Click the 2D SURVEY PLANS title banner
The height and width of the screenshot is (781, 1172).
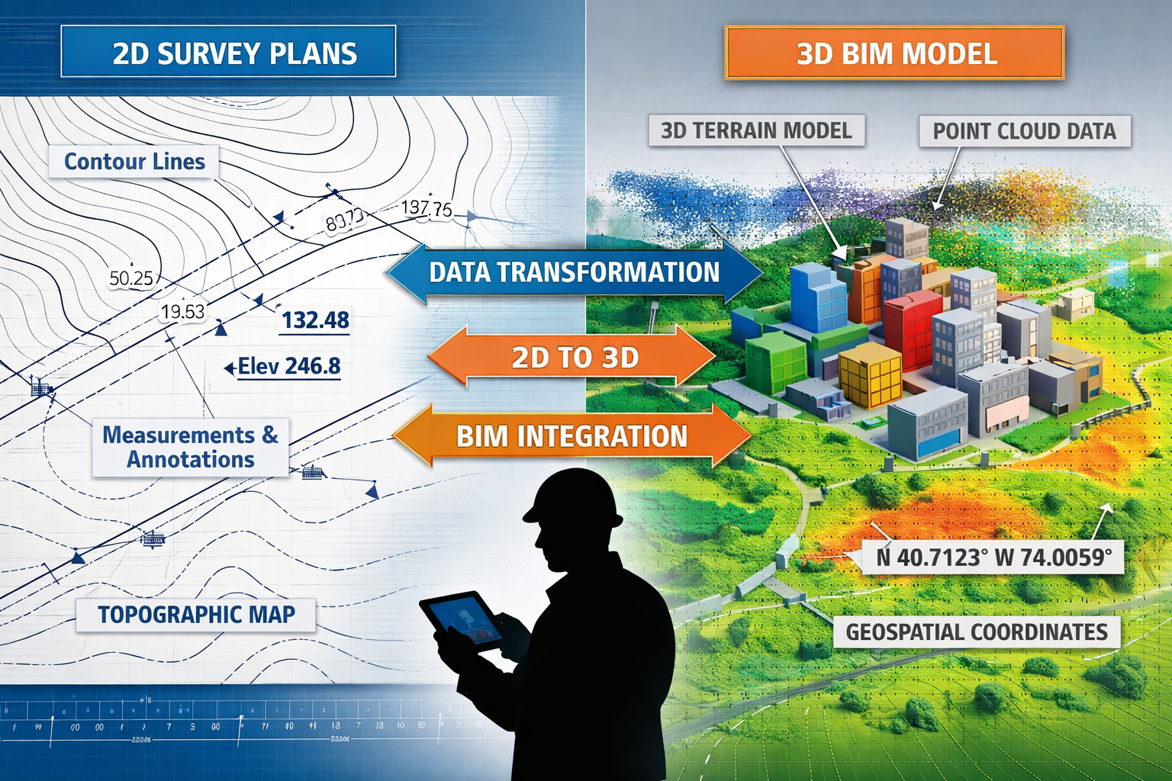click(228, 52)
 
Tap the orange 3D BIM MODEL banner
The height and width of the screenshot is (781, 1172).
click(894, 53)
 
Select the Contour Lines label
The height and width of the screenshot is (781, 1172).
click(134, 162)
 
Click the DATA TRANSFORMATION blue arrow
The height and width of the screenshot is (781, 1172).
click(574, 272)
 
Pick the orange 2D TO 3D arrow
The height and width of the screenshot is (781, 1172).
click(574, 357)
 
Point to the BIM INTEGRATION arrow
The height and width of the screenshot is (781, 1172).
click(572, 436)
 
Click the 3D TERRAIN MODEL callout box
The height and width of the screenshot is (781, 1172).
click(756, 130)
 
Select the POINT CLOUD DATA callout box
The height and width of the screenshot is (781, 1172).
click(1024, 131)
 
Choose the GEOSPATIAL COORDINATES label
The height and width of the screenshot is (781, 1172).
click(976, 632)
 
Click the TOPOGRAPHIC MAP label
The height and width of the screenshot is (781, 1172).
click(196, 615)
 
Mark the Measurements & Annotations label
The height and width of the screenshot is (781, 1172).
click(191, 447)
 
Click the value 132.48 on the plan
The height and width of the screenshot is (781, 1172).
click(315, 320)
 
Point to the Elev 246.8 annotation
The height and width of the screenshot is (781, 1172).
click(288, 367)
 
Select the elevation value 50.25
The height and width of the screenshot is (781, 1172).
click(131, 278)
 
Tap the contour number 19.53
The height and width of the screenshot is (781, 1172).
click(183, 311)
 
